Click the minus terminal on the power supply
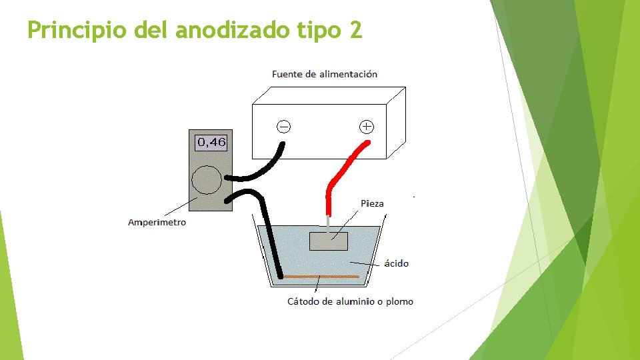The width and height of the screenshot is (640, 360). click(x=283, y=126)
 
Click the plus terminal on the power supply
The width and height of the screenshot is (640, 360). click(x=366, y=126)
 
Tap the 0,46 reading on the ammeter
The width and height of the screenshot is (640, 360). click(x=211, y=142)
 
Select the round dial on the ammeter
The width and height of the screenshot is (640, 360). click(x=206, y=180)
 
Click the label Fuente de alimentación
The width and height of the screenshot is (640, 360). click(x=325, y=74)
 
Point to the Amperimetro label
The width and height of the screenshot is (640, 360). click(x=157, y=222)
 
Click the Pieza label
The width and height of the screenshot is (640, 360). click(x=372, y=203)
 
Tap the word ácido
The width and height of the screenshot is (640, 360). click(x=397, y=263)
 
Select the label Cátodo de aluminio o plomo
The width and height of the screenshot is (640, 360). click(x=350, y=301)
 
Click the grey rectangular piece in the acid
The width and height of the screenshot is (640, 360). click(x=329, y=241)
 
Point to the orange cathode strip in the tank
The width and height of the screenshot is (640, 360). click(x=320, y=276)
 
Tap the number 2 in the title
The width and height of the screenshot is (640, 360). click(x=355, y=29)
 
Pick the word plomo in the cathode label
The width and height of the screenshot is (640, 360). click(x=399, y=301)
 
